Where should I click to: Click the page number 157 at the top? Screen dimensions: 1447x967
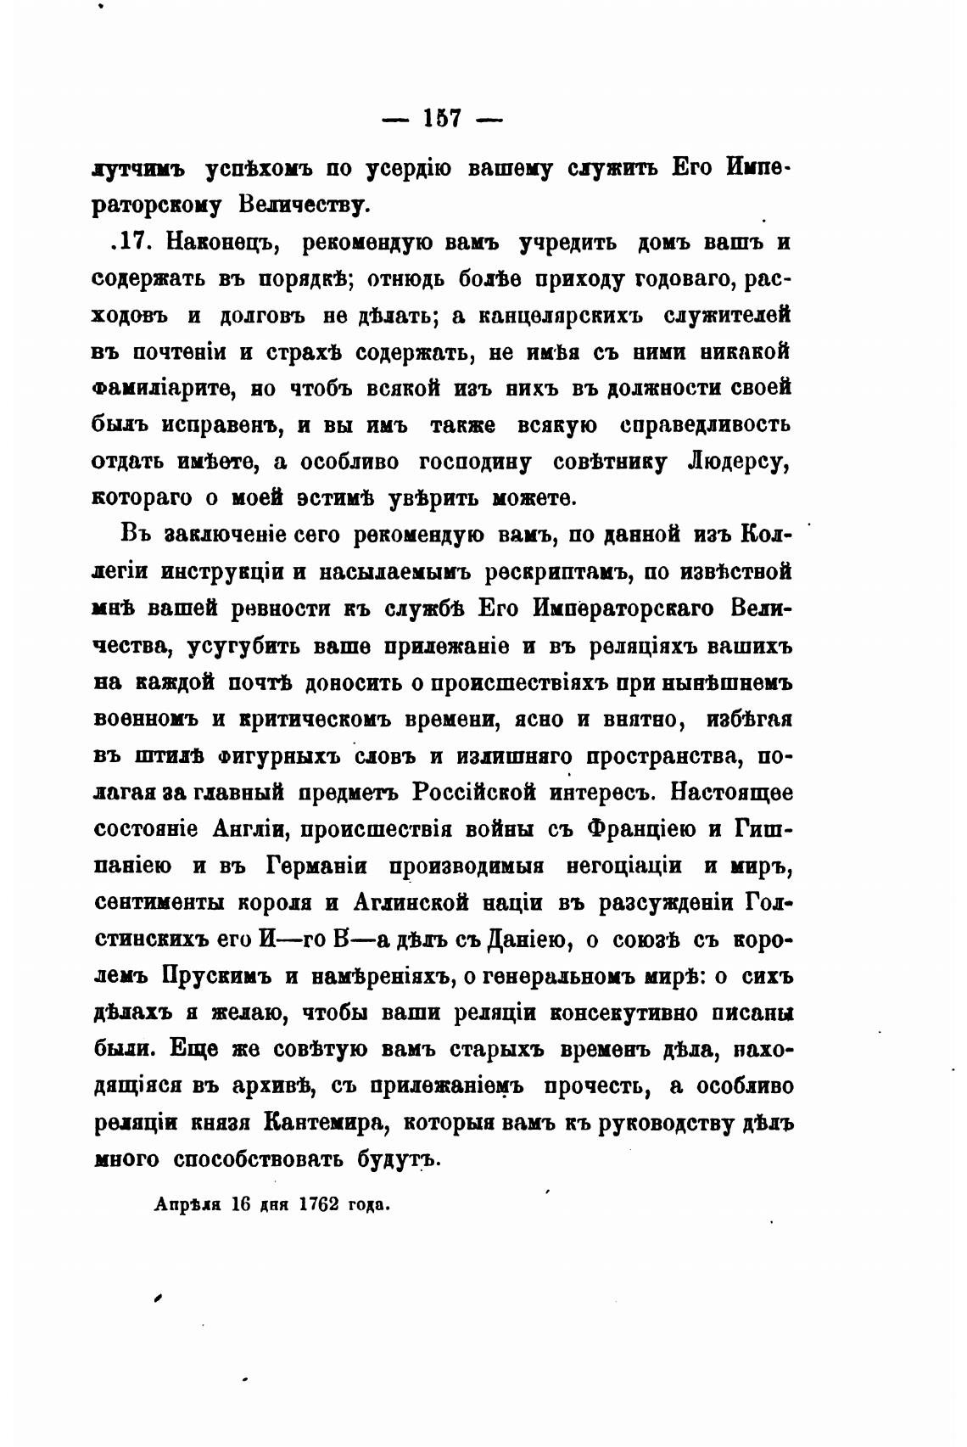pyautogui.click(x=441, y=119)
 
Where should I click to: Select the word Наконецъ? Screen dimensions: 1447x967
pyautogui.click(x=224, y=243)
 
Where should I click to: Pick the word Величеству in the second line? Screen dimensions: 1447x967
pyautogui.click(x=301, y=205)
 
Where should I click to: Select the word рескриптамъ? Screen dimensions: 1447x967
pyautogui.click(x=556, y=571)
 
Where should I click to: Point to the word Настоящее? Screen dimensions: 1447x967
pyautogui.click(x=731, y=793)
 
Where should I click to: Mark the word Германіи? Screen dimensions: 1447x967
pyautogui.click(x=309, y=866)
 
